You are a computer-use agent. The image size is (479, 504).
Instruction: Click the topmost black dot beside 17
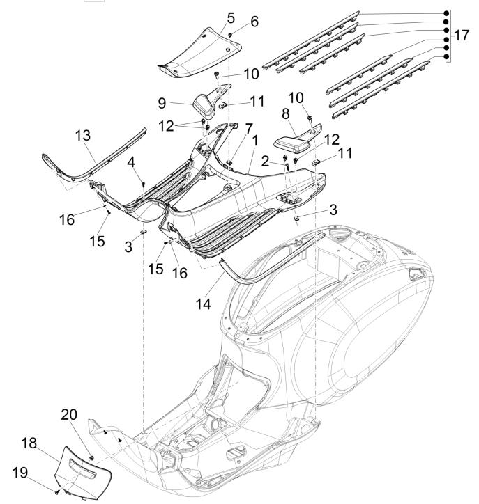pos(446,14)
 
